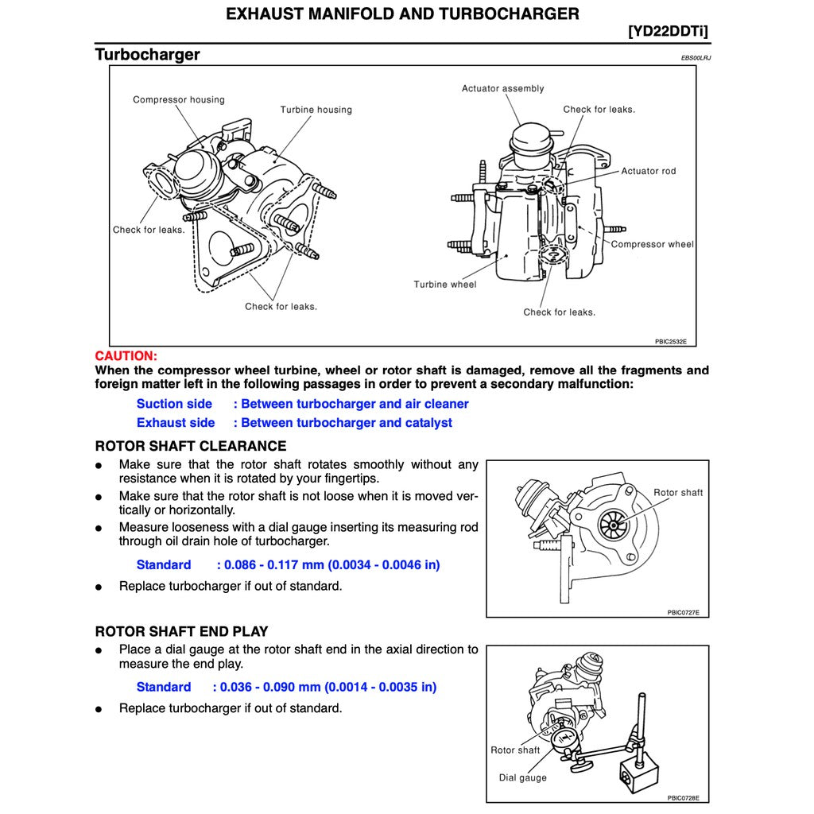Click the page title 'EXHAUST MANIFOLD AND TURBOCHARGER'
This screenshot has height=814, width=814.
click(x=402, y=14)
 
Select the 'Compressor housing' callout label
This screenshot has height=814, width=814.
click(x=179, y=99)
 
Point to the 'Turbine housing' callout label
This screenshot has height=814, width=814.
click(x=316, y=110)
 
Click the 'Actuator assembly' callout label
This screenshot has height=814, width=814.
click(x=502, y=88)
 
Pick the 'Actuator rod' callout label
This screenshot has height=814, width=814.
click(x=648, y=171)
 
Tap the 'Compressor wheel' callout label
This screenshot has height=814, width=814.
click(x=652, y=244)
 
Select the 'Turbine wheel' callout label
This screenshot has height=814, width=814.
click(x=444, y=285)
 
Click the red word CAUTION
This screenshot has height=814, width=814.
click(x=126, y=356)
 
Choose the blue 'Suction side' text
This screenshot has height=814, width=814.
click(x=174, y=404)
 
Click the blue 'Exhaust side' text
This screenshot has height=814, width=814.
click(x=176, y=423)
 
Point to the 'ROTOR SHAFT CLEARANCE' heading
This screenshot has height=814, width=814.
click(x=191, y=446)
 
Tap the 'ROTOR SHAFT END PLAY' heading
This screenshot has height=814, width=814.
click(x=181, y=632)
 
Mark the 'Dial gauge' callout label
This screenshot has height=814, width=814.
click(x=522, y=777)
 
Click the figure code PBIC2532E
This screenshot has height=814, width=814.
click(x=670, y=341)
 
